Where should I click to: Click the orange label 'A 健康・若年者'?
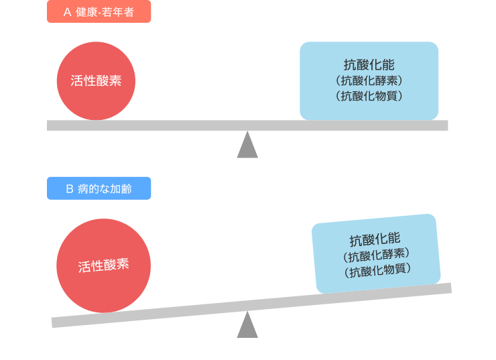point(99,12)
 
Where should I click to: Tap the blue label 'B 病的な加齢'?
point(99,188)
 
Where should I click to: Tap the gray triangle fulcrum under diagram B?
point(247,327)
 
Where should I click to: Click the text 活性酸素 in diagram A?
point(96,81)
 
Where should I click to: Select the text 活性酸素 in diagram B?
point(103,265)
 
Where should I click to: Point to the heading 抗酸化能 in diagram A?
point(369,65)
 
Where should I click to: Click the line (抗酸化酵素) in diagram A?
point(369,80)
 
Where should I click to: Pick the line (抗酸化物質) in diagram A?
point(369,95)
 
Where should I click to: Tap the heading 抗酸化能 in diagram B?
point(375,239)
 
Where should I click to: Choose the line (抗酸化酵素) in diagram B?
point(376,255)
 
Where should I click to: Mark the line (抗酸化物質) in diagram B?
point(377,270)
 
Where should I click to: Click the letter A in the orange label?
point(67,12)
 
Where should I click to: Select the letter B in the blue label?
point(69,188)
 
